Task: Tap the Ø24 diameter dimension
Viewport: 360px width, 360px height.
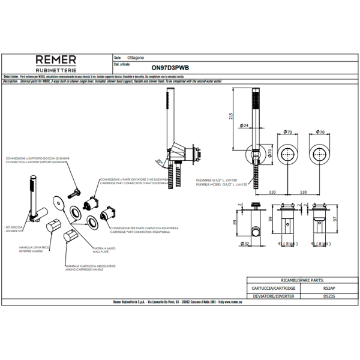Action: tap(245, 125)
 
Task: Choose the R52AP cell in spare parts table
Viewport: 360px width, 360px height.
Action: tap(322, 288)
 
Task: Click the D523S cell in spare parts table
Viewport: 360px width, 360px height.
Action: tap(322, 295)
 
